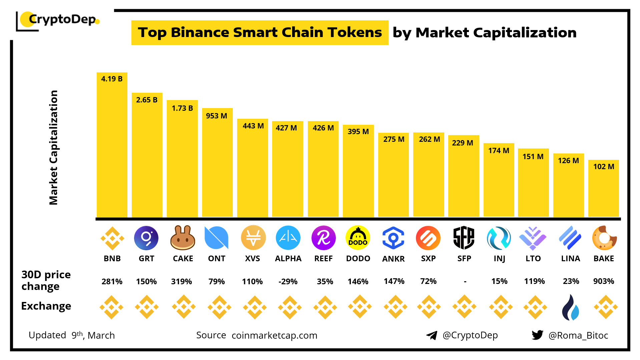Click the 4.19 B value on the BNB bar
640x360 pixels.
(x=112, y=79)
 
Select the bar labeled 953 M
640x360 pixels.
(x=217, y=163)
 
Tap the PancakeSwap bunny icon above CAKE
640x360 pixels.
(x=182, y=238)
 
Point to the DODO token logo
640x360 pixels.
(x=358, y=238)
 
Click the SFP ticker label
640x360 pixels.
(x=464, y=259)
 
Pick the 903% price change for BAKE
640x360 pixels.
(x=603, y=281)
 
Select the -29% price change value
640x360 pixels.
(x=288, y=282)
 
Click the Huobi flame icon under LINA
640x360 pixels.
(x=570, y=307)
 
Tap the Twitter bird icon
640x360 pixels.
(x=537, y=335)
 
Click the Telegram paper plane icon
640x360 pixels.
(x=432, y=335)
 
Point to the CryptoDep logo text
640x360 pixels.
(x=62, y=19)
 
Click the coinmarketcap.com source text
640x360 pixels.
(x=274, y=335)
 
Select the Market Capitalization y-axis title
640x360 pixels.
(x=54, y=147)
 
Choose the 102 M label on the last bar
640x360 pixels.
(x=603, y=166)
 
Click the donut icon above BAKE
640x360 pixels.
(x=604, y=238)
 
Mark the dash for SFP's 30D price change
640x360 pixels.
(x=465, y=282)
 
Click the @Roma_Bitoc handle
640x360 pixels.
(x=578, y=335)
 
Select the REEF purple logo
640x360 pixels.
(x=323, y=238)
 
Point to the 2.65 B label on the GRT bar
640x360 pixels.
(x=147, y=100)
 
